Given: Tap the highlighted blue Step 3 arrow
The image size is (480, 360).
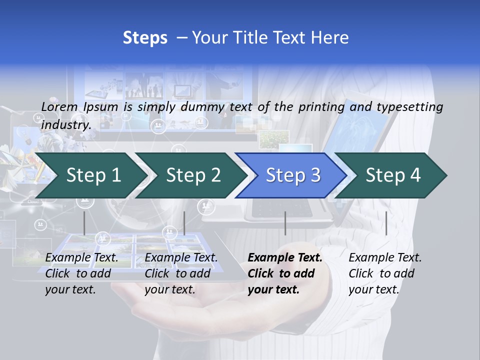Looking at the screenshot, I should click(293, 175).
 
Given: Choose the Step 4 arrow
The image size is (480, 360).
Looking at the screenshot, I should click(393, 175).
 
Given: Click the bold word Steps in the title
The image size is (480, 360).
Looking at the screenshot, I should click(145, 37).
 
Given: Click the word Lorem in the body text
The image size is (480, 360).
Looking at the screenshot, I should click(59, 106).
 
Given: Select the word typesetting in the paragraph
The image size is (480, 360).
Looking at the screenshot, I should click(409, 106).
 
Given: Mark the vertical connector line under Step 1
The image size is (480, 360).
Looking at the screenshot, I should click(84, 223).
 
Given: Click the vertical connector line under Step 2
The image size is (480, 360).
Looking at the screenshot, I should click(184, 223).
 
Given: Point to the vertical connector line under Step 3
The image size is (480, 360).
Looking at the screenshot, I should click(285, 223).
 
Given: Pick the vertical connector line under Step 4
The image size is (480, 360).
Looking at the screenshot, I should click(386, 223).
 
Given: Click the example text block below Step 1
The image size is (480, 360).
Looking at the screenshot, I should click(82, 273).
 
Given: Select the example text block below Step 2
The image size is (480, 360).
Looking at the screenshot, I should click(181, 273).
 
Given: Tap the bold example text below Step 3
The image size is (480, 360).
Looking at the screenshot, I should click(285, 273).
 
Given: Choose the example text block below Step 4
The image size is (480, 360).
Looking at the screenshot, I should click(385, 273).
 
